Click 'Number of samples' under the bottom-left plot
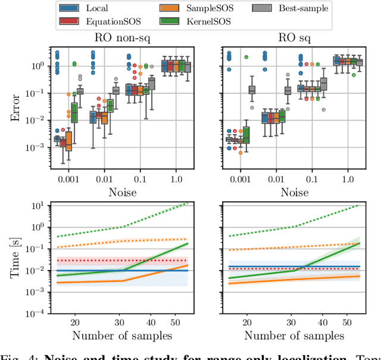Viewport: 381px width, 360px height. point(122,336)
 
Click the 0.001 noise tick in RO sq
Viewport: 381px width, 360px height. point(237,179)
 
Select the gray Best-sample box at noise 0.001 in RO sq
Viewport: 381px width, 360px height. point(252,90)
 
